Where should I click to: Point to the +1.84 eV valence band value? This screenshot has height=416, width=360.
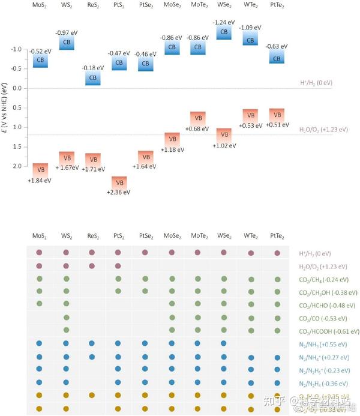[40, 180]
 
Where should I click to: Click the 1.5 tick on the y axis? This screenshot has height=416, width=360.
[17, 146]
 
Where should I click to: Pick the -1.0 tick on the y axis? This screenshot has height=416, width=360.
[16, 49]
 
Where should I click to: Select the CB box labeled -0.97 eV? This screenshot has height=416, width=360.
[67, 43]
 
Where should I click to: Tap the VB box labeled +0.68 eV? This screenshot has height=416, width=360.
[198, 118]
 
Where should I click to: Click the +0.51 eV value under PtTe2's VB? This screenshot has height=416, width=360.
[277, 125]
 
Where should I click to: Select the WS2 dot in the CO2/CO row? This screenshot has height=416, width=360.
[66, 318]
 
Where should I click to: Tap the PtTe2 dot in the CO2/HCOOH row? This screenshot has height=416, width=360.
[277, 331]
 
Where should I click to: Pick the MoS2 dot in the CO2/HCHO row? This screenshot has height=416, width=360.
[40, 304]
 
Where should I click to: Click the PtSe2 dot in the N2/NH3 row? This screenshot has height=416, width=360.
[145, 344]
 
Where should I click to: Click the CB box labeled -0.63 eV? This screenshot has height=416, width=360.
[277, 58]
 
